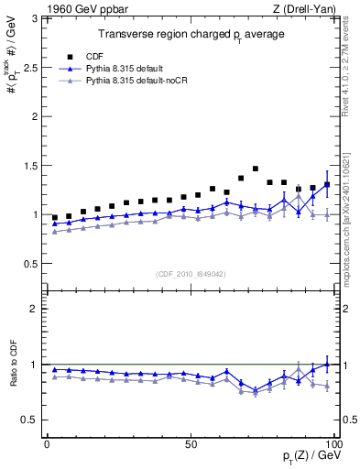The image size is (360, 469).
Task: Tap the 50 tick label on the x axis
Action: pos(191,442)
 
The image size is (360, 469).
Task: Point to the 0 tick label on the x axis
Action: pos(47,442)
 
